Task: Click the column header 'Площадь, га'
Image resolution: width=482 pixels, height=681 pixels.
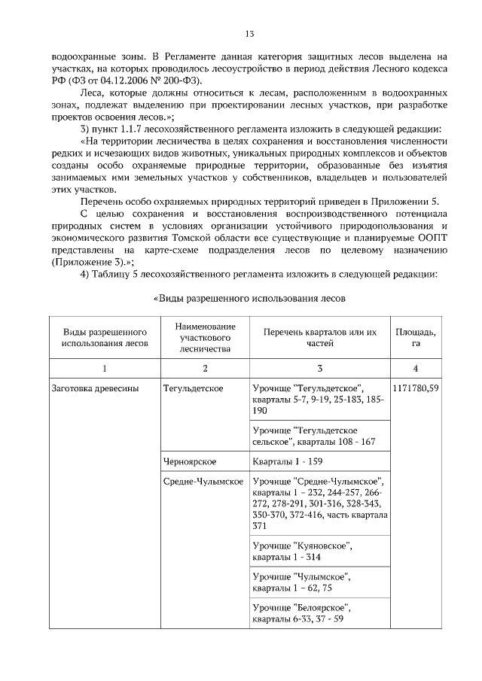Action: pos(416,337)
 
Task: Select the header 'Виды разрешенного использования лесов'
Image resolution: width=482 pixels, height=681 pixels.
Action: pos(104,337)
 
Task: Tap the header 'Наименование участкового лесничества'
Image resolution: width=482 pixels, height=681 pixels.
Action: pos(205,337)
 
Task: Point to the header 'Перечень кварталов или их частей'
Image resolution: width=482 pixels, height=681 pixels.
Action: pos(320,337)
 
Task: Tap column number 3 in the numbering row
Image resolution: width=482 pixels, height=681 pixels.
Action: pos(320,368)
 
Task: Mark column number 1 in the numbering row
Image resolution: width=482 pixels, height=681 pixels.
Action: pos(104,368)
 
